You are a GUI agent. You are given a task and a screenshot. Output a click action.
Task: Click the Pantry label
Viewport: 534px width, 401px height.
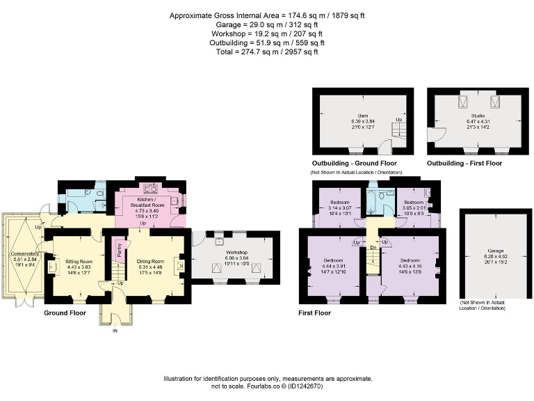(x=119, y=250)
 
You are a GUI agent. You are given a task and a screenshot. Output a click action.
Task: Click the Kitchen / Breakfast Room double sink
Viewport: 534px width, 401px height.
(x=149, y=188)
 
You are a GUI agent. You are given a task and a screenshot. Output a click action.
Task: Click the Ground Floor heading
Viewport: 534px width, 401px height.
(x=65, y=313)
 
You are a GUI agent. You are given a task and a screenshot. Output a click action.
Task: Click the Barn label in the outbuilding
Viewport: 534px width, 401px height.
(x=363, y=114)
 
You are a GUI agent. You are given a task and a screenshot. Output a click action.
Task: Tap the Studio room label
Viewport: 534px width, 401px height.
(x=476, y=114)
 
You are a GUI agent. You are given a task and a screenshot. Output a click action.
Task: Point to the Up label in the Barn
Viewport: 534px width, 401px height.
(x=398, y=120)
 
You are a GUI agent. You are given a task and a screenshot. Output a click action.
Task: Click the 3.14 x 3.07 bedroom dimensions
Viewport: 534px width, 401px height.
(x=337, y=209)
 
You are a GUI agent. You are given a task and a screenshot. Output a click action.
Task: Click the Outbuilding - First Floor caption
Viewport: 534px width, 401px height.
(x=464, y=164)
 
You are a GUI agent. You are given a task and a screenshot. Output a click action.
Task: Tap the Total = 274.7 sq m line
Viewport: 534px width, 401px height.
(x=267, y=52)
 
